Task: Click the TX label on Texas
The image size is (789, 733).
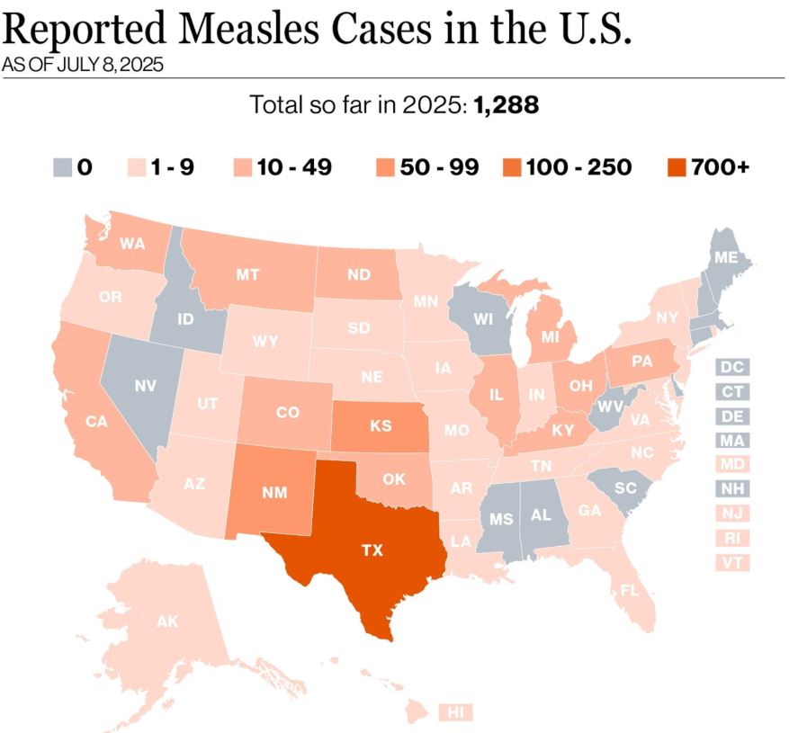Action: [372, 551]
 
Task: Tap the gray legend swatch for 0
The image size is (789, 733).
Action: [62, 167]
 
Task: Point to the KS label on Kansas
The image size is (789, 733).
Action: [381, 425]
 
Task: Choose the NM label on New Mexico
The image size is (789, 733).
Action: [275, 492]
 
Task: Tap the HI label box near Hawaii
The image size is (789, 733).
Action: [457, 712]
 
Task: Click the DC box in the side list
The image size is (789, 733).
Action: [733, 367]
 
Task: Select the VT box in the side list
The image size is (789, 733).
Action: [733, 563]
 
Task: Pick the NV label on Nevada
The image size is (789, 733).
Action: [146, 386]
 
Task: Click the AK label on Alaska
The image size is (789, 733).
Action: [167, 621]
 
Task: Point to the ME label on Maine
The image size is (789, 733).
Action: [726, 257]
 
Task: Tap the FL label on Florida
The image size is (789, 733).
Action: [629, 591]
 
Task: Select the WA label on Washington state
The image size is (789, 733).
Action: [132, 243]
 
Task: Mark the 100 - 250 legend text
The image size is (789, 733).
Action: [579, 167]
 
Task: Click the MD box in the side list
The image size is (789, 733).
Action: [733, 465]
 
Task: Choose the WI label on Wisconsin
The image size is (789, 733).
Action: [482, 320]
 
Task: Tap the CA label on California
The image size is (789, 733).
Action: [96, 421]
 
